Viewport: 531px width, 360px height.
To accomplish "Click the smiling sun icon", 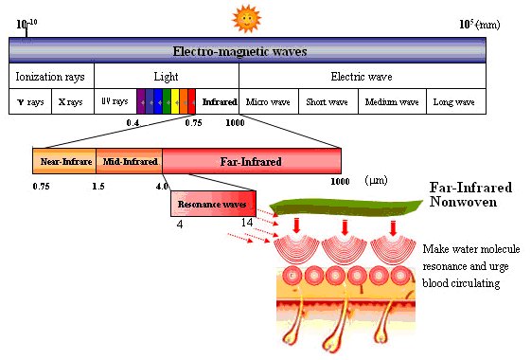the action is click(246, 19).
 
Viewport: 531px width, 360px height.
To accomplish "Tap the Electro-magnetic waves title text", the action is click(239, 51).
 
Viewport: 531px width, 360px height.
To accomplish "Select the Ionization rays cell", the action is click(51, 76).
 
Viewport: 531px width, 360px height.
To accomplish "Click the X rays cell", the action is click(73, 101).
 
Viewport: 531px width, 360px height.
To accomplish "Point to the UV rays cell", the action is click(115, 101).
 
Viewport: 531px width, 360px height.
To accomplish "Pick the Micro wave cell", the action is click(269, 101).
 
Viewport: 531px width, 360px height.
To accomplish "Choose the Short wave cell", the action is click(328, 101).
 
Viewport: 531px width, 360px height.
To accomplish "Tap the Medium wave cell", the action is click(392, 101).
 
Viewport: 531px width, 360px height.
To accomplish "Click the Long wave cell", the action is click(456, 101).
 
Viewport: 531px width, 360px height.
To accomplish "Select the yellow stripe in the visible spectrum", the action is click(175, 101).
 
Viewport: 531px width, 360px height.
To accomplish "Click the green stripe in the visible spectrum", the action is click(167, 101).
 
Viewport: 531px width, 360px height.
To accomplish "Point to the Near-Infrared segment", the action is click(64, 161).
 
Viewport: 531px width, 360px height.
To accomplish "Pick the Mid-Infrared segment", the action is click(129, 161).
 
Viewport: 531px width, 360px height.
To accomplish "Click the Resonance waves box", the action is click(213, 204).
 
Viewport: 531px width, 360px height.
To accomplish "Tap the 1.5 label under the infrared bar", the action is click(98, 186).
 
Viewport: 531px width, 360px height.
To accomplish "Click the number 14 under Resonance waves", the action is click(247, 223).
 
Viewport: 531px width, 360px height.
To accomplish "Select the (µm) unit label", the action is click(376, 180).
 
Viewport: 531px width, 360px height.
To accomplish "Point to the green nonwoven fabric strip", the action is click(346, 207).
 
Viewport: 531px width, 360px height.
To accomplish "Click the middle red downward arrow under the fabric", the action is click(345, 227).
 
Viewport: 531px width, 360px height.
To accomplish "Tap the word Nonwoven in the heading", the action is click(463, 202).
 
